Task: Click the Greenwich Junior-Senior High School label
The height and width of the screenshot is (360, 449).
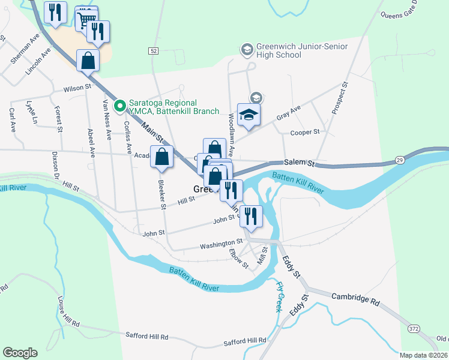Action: (x=279, y=50)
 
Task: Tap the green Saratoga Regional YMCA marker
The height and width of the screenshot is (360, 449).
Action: (x=119, y=106)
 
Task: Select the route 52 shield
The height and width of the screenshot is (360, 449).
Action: (x=154, y=52)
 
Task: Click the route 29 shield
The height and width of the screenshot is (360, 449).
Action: (x=399, y=160)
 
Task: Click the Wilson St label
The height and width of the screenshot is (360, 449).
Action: (x=77, y=88)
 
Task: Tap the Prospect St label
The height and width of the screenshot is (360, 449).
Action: (x=340, y=98)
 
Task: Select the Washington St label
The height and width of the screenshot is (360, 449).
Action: (x=221, y=245)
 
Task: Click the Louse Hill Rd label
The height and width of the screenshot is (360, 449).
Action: (x=67, y=310)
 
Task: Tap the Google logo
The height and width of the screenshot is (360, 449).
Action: (x=20, y=353)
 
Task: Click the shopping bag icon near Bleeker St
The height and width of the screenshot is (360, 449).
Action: (x=162, y=157)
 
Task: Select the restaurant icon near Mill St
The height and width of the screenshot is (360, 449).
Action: (x=251, y=215)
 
